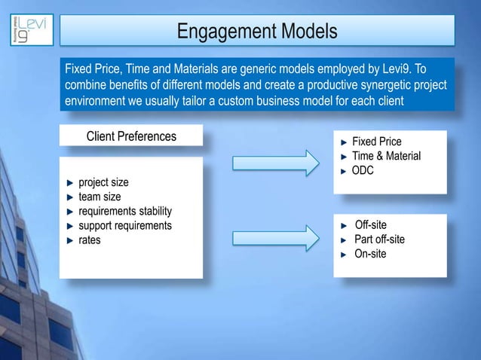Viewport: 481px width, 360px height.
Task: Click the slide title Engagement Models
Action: coord(257,32)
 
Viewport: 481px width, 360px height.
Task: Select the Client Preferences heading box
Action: coord(131,136)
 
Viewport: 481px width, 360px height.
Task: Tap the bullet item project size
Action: coord(103,182)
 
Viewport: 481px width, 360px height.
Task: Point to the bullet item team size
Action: coord(100,197)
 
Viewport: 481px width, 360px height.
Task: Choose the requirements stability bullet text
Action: coord(125,211)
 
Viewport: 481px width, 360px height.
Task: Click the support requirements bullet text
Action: coord(125,225)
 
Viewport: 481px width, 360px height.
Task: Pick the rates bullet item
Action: coord(90,239)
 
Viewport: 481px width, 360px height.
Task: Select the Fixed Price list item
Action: coord(377,142)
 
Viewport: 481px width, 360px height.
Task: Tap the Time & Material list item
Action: coord(386,156)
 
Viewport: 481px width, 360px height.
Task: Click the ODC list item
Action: coord(363,170)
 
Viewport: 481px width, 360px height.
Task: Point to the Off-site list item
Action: coord(370,225)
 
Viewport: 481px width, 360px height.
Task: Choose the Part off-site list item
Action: coord(379,239)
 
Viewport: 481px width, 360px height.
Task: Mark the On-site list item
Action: coord(370,254)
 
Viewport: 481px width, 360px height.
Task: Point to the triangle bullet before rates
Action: coord(70,240)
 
